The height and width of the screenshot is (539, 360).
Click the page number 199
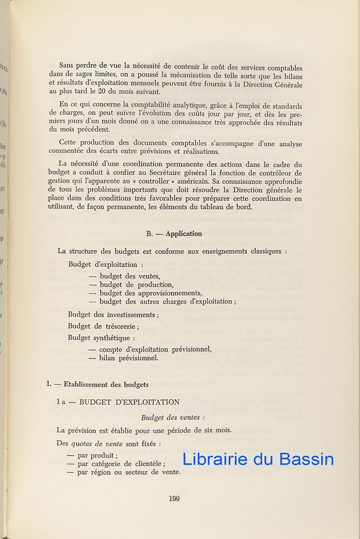pos(174,498)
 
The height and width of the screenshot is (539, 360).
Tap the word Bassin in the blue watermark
pos(307,459)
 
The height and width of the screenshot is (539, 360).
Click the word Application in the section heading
pos(183,234)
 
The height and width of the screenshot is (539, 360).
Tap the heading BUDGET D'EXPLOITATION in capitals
pos(129,402)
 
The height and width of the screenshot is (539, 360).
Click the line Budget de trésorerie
pos(103,327)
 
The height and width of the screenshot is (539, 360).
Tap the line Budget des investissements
pos(113,315)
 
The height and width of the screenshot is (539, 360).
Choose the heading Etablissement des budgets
pos(106,384)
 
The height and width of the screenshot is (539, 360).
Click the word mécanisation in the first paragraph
pos(173,76)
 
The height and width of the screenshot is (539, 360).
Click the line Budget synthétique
pos(101,338)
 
